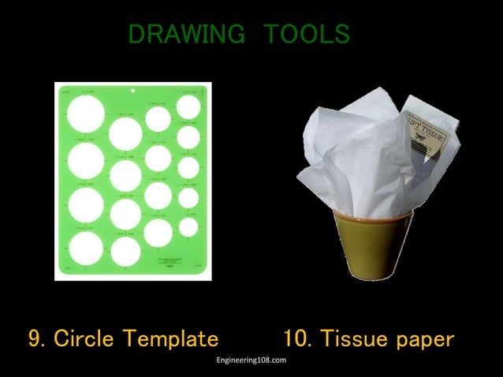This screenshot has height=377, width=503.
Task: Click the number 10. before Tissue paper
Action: click(298, 339)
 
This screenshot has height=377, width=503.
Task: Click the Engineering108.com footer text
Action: click(251, 360)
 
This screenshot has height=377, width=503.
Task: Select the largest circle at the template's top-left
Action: click(85, 114)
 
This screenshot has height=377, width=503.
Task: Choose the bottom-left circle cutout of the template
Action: click(85, 249)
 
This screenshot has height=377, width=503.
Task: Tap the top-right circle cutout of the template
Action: click(188, 106)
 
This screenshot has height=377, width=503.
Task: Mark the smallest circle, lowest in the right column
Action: click(188, 227)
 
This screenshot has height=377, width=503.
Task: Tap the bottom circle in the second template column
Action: click(126, 252)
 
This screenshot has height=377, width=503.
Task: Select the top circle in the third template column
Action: click(158, 118)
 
